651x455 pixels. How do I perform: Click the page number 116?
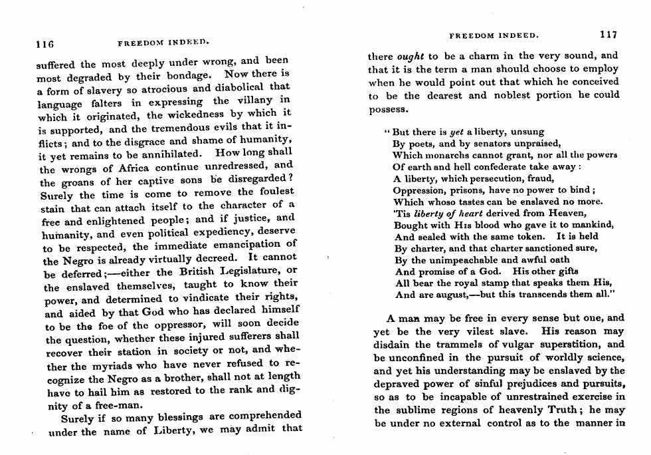coord(45,46)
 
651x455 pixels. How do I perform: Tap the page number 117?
coord(608,35)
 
